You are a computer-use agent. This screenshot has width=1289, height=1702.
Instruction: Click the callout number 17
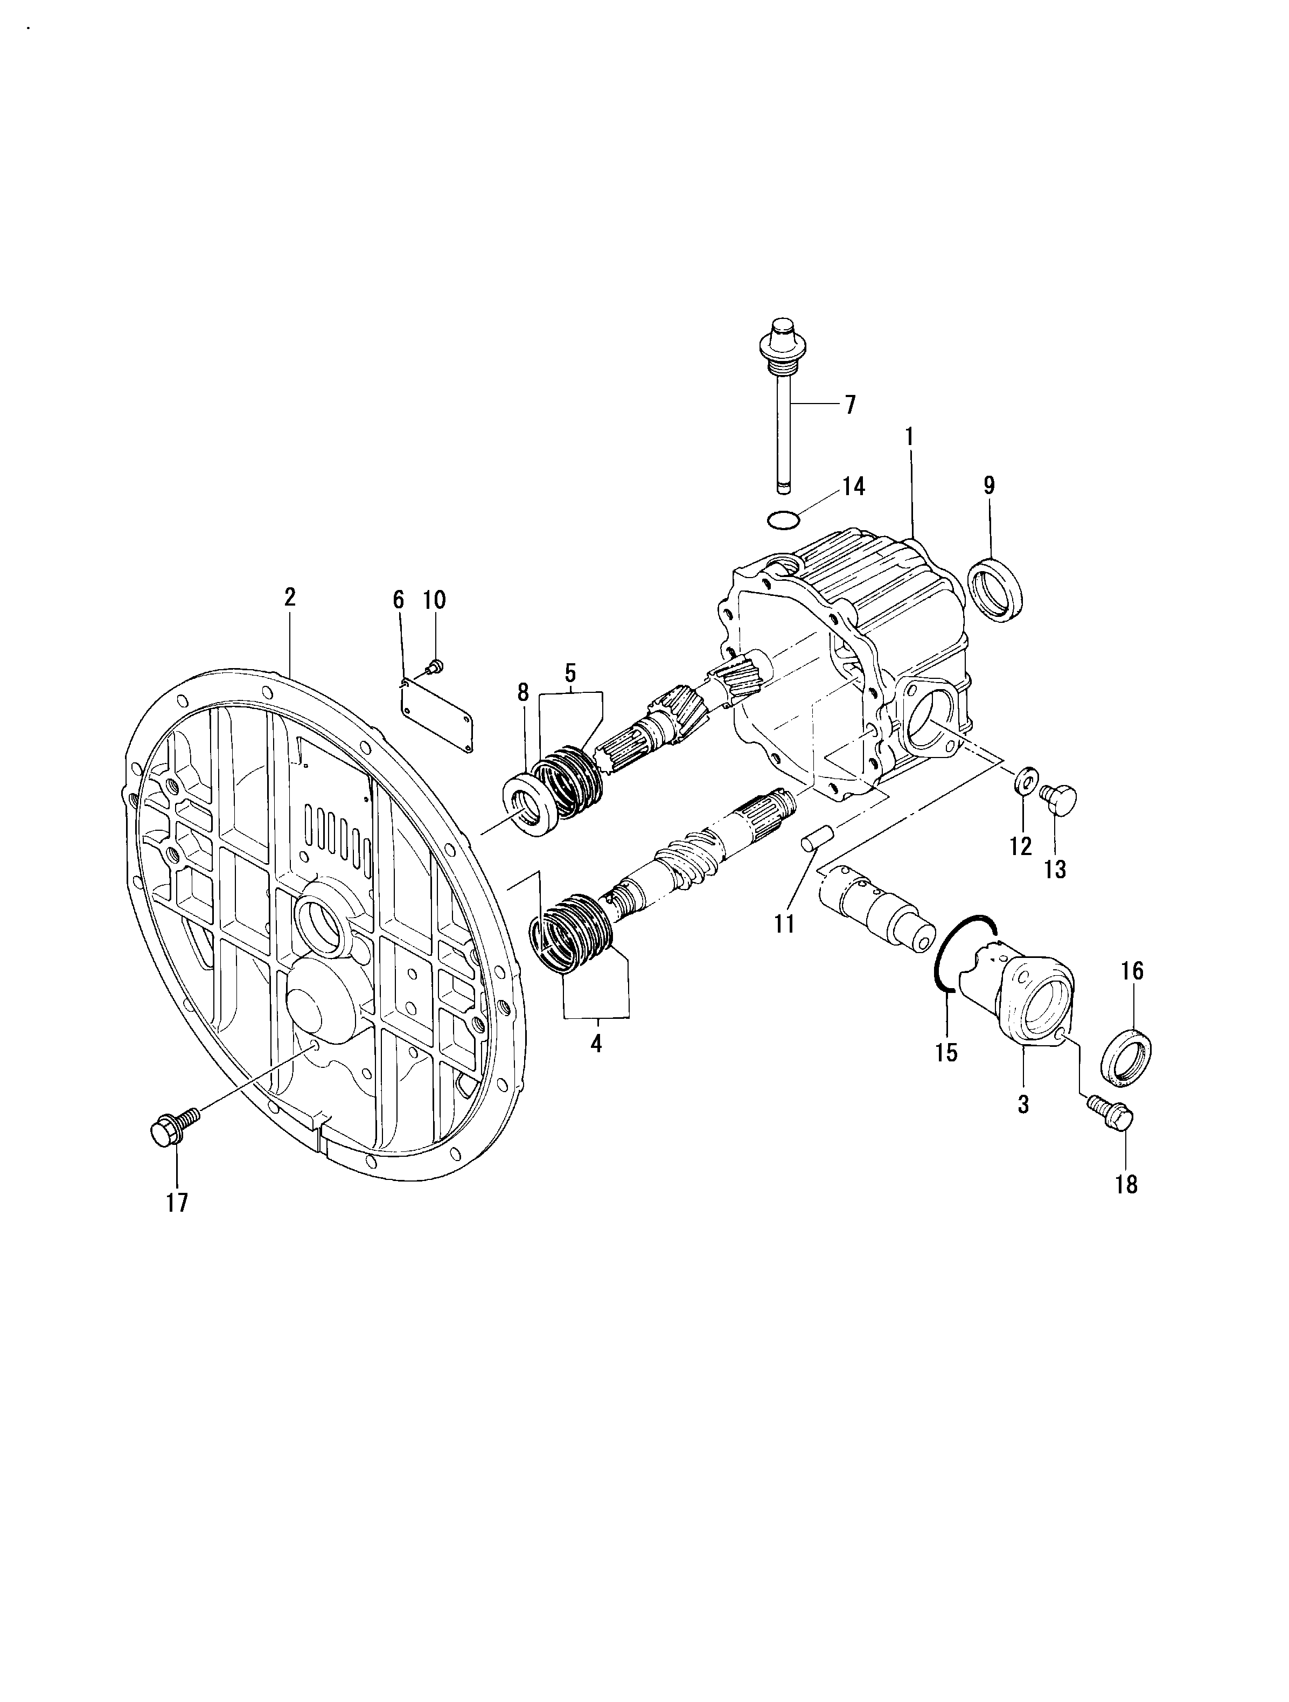click(x=177, y=1203)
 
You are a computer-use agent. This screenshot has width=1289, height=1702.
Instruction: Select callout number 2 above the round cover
click(x=290, y=597)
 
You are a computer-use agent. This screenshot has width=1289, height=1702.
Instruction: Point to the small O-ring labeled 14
click(x=783, y=521)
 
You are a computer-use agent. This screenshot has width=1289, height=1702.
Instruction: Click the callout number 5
click(x=570, y=672)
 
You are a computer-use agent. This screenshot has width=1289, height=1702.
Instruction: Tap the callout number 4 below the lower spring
click(x=596, y=1044)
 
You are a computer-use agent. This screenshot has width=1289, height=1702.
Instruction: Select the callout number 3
click(x=1023, y=1104)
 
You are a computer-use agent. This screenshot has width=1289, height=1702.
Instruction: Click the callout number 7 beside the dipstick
click(x=850, y=405)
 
